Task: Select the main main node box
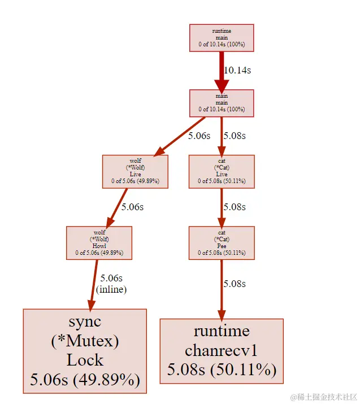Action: tap(222, 103)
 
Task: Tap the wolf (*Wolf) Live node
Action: tap(135, 171)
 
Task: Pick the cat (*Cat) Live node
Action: tap(222, 171)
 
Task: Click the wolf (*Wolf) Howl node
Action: tap(99, 243)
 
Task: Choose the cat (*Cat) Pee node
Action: tap(222, 243)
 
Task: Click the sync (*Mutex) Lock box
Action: tap(85, 351)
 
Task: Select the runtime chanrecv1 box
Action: tap(222, 351)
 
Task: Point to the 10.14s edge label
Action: tap(237, 71)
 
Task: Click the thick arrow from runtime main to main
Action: tap(222, 71)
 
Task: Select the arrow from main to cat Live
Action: tap(222, 136)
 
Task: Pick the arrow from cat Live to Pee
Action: tap(222, 207)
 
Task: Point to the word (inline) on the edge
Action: tap(111, 289)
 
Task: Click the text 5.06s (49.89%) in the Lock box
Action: tap(85, 379)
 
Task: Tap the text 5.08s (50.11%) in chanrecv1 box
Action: tap(222, 370)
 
